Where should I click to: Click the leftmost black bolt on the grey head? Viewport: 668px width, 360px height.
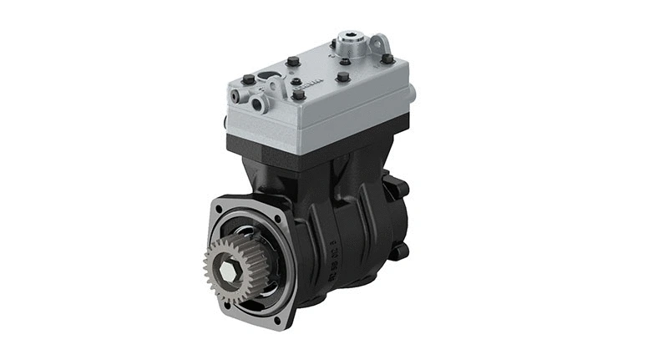pos(249,80)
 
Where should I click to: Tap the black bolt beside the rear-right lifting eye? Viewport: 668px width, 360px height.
pos(387,58)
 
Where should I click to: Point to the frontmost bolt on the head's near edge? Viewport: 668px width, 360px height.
pos(298,95)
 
